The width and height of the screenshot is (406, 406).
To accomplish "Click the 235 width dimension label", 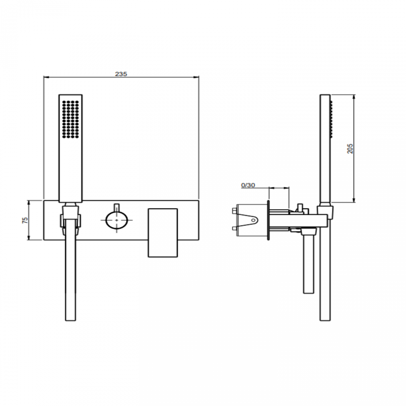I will pyautogui.click(x=121, y=74).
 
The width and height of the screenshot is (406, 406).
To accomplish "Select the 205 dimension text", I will pyautogui.click(x=350, y=148).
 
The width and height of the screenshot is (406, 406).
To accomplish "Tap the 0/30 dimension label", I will pyautogui.click(x=248, y=185).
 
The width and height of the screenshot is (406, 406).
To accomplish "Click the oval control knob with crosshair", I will pyautogui.click(x=117, y=220).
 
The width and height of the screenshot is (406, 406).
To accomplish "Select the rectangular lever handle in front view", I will pyautogui.click(x=162, y=233).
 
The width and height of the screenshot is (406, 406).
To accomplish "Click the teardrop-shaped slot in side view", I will pyautogui.click(x=252, y=220).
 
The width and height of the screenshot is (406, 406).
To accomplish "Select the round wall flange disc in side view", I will pyautogui.click(x=268, y=220).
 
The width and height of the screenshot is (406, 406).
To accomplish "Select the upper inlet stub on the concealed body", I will pyautogui.click(x=234, y=210).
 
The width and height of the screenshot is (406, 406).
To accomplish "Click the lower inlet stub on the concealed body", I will pyautogui.click(x=234, y=230).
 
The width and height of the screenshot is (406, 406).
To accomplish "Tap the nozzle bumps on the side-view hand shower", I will pyautogui.click(x=332, y=119).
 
